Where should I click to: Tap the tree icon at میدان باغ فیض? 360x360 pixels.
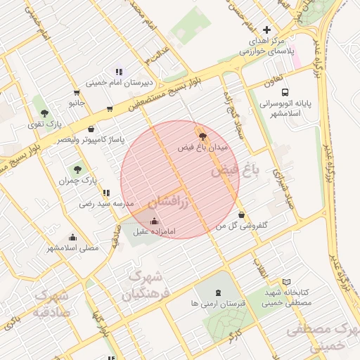click(x=202, y=136)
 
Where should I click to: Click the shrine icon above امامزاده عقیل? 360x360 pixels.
click(x=154, y=221)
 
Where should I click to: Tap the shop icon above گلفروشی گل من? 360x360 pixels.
click(x=242, y=215)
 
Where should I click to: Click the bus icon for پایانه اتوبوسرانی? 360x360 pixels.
click(x=285, y=92)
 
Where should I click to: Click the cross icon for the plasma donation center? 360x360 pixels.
click(x=266, y=30)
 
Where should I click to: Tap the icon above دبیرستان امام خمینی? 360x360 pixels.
click(x=119, y=71)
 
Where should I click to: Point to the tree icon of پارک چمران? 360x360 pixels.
click(x=77, y=169)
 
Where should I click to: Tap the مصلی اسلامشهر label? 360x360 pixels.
click(x=72, y=247)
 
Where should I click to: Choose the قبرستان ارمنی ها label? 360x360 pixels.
click(x=217, y=304)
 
